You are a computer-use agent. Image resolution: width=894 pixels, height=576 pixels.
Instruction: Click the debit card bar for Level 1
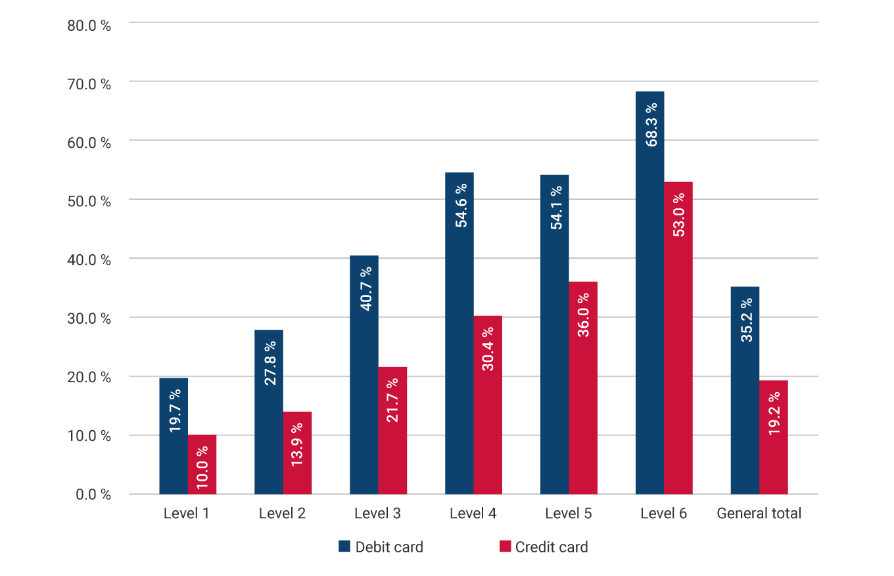click(x=174, y=436)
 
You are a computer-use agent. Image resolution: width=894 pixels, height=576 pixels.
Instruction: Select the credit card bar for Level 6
click(x=678, y=338)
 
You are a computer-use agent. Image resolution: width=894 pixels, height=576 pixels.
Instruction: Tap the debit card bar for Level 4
click(x=459, y=333)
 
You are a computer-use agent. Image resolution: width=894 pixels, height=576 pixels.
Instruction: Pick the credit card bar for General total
click(x=773, y=437)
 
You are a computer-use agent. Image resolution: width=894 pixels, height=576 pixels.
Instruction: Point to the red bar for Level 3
click(x=392, y=430)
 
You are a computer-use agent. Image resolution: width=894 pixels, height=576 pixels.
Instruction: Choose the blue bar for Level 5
click(x=554, y=334)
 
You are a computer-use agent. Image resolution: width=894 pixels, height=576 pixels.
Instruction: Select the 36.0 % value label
click(x=583, y=315)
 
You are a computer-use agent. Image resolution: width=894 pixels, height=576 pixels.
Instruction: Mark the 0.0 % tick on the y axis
click(x=93, y=495)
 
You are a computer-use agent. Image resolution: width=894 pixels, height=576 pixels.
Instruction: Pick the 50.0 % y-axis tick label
click(x=89, y=200)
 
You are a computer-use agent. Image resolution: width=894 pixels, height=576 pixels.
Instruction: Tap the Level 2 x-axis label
click(x=282, y=514)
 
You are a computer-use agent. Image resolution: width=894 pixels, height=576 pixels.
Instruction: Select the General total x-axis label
click(x=759, y=514)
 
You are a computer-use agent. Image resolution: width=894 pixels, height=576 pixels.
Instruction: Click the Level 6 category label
click(x=663, y=514)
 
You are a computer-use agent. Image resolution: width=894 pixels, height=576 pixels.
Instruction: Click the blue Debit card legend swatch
click(x=344, y=546)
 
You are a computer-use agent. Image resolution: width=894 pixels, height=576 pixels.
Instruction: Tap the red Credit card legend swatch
click(x=505, y=546)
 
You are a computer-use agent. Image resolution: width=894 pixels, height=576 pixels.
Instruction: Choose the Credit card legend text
click(x=552, y=547)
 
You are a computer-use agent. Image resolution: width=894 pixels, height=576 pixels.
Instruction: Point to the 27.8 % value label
click(x=269, y=363)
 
